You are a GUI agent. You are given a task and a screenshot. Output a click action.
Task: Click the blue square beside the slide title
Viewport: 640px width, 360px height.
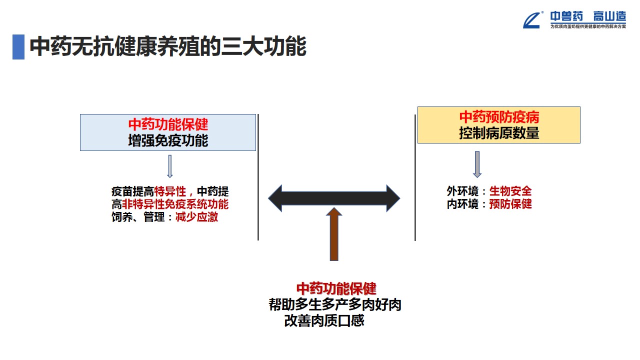(x=18, y=47)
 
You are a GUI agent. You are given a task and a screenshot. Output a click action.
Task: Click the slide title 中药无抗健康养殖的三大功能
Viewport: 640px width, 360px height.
(x=167, y=47)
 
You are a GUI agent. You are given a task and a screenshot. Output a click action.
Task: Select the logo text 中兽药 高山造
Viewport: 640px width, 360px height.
(x=588, y=16)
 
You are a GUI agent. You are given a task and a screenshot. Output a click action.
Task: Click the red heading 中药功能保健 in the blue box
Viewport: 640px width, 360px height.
(x=168, y=124)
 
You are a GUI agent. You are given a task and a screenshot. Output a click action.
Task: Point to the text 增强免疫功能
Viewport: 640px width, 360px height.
(x=168, y=140)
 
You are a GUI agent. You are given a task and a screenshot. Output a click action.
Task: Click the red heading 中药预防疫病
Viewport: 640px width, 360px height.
(x=499, y=117)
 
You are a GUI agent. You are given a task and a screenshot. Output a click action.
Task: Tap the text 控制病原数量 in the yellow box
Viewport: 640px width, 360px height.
(x=499, y=133)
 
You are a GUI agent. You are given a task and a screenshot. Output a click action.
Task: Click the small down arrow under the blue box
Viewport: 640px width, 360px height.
(x=169, y=166)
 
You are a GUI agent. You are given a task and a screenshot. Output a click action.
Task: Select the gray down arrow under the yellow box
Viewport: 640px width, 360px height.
(x=477, y=164)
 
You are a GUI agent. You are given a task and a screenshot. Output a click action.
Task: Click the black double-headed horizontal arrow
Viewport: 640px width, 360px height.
(x=334, y=198)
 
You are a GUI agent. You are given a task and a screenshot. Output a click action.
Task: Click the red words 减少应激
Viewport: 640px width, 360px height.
(x=196, y=217)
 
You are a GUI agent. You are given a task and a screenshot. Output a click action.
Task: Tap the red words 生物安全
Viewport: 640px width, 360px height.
(x=510, y=191)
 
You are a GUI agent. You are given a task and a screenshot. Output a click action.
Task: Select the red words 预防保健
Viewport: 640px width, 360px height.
(x=510, y=204)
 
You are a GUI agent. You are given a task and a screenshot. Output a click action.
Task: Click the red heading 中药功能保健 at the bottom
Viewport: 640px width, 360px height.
(x=336, y=288)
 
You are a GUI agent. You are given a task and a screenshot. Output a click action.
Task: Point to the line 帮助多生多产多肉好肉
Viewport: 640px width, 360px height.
(x=335, y=305)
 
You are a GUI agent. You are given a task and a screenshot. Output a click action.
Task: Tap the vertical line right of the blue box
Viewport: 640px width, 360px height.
(x=258, y=177)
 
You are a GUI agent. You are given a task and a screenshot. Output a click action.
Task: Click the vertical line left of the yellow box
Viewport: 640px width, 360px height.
(x=415, y=177)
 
